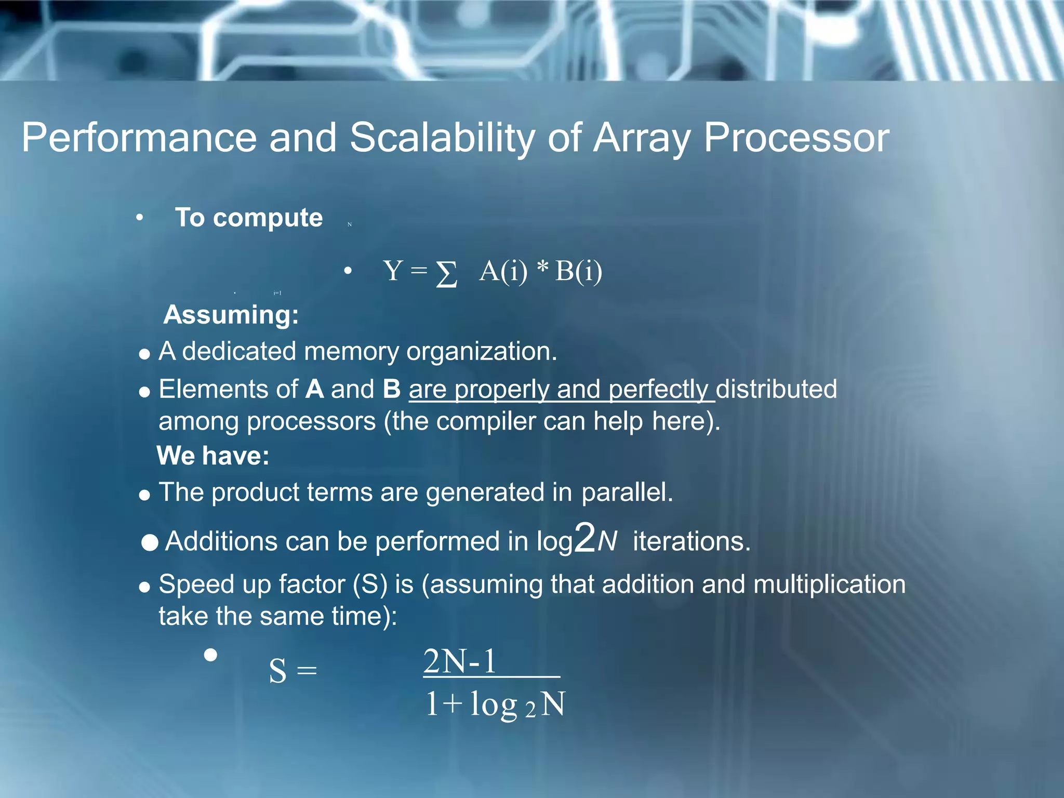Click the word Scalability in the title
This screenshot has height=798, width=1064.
[x=442, y=138]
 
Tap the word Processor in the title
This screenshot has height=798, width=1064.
[x=796, y=138]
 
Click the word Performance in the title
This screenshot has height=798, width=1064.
[x=139, y=138]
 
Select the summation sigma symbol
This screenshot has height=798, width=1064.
[x=446, y=273]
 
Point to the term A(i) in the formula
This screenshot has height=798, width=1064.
[x=503, y=271]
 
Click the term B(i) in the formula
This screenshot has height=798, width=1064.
[x=578, y=271]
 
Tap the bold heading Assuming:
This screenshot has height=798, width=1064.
[x=231, y=315]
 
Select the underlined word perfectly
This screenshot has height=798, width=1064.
[x=658, y=389]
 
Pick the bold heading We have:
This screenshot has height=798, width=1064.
[x=213, y=456]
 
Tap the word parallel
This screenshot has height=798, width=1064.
[x=627, y=492]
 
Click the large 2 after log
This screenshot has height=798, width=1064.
[x=585, y=538]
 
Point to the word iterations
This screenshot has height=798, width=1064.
[x=691, y=541]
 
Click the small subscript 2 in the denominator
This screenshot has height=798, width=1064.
[x=529, y=710]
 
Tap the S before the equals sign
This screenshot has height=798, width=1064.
[x=277, y=671]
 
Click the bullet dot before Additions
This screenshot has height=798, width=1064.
[x=150, y=543]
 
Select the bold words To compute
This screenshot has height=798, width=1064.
[x=249, y=218]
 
